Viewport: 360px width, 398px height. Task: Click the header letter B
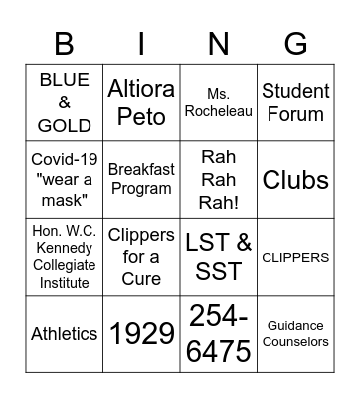[x=64, y=44]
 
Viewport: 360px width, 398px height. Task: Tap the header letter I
[x=141, y=44]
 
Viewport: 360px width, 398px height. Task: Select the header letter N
[x=218, y=44]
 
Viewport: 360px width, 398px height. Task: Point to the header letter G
[x=295, y=44]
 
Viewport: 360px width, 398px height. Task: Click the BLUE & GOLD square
[x=65, y=101]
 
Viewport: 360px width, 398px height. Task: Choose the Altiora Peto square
[x=141, y=101]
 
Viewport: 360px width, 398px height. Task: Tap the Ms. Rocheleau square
[x=218, y=101]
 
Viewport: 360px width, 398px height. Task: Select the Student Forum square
[x=294, y=101]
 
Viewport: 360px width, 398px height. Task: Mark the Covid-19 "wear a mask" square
[x=65, y=179]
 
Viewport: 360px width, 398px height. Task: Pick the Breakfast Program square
[x=141, y=179]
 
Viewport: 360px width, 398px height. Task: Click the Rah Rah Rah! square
[x=218, y=179]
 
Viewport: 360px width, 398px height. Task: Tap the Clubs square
[x=294, y=179]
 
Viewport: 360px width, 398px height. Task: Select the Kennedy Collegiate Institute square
[x=65, y=257]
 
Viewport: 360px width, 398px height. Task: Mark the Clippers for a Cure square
[x=141, y=257]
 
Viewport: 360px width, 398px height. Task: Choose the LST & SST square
[x=218, y=257]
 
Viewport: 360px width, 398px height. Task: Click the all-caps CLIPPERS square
[x=294, y=257]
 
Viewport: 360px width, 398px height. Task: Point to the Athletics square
[x=65, y=334]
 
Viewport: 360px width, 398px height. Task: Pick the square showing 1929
[x=141, y=334]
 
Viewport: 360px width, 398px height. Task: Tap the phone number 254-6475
[x=218, y=334]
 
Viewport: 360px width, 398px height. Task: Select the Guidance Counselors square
[x=294, y=334]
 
